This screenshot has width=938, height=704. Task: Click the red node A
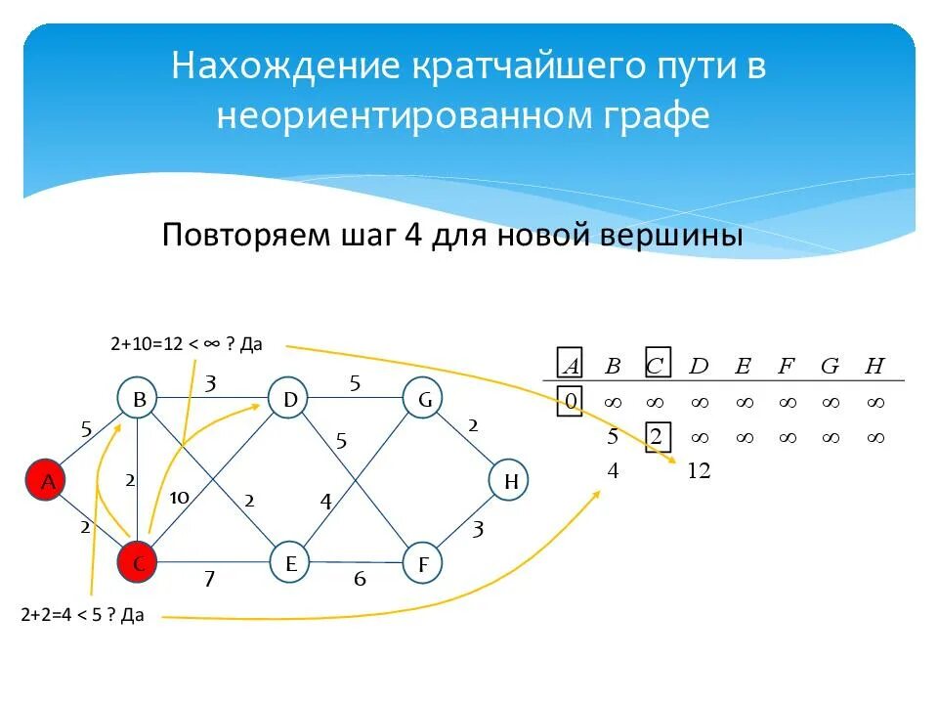pyautogui.click(x=47, y=481)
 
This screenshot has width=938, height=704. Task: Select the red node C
pyautogui.click(x=138, y=562)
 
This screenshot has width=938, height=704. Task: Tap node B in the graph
pyautogui.click(x=139, y=399)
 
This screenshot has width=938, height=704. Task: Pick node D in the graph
pyautogui.click(x=290, y=399)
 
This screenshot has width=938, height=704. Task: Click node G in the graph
pyautogui.click(x=423, y=399)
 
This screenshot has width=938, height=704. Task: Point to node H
pyautogui.click(x=509, y=481)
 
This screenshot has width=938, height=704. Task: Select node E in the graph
pyautogui.click(x=290, y=562)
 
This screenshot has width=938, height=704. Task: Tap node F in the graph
pyautogui.click(x=423, y=563)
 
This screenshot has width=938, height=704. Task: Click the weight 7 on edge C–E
pyautogui.click(x=209, y=579)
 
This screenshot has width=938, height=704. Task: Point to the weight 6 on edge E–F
pyautogui.click(x=360, y=579)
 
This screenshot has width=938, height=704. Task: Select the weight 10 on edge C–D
pyautogui.click(x=179, y=498)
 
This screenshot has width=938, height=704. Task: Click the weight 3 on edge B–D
pyautogui.click(x=210, y=383)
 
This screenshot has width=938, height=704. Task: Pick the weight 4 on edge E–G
pyautogui.click(x=326, y=502)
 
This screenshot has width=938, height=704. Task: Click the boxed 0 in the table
pyautogui.click(x=571, y=401)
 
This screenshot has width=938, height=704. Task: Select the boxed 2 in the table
pyautogui.click(x=657, y=436)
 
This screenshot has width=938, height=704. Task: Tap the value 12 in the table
pyautogui.click(x=698, y=471)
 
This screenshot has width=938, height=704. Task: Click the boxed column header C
pyautogui.click(x=656, y=366)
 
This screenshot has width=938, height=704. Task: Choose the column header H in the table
pyautogui.click(x=874, y=367)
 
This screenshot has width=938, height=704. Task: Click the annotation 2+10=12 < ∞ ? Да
pyautogui.click(x=186, y=344)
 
